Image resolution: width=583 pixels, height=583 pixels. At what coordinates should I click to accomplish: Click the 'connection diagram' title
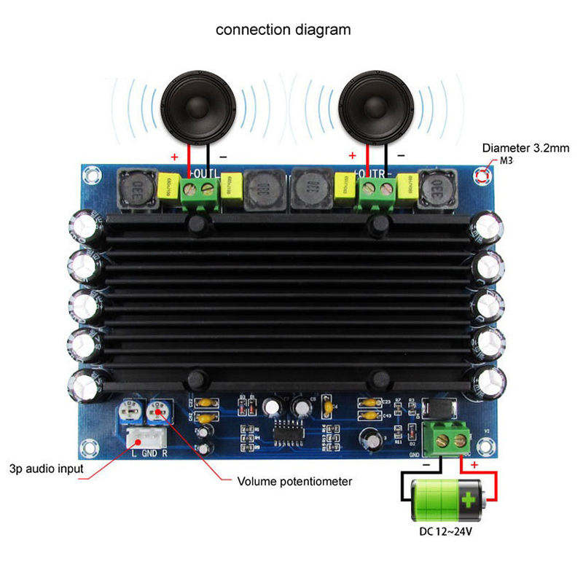[283, 30]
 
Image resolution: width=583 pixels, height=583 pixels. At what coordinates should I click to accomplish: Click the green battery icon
[445, 500]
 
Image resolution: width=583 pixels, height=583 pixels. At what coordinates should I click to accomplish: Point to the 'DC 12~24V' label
[445, 531]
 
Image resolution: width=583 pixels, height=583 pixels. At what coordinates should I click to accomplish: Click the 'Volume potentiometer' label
[295, 482]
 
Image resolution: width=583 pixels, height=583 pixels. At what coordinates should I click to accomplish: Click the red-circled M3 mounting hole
[482, 175]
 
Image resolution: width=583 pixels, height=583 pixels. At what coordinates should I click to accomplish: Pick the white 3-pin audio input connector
[145, 437]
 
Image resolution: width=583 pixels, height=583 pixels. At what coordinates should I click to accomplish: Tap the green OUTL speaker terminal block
[200, 191]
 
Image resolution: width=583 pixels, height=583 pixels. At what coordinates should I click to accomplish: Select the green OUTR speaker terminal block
[374, 191]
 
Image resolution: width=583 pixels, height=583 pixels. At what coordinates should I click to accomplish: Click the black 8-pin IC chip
[289, 432]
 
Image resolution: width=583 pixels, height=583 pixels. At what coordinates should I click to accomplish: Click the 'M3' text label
[506, 160]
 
